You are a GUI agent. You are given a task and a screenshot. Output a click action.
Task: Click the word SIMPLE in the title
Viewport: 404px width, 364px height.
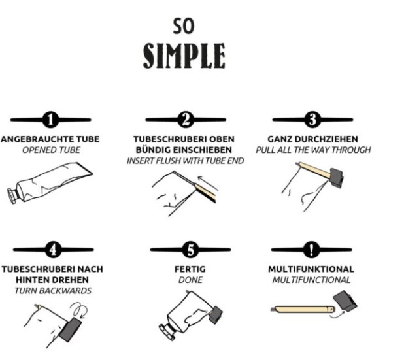pos(184,56)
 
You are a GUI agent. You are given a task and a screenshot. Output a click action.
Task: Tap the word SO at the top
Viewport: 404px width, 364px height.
pos(184,26)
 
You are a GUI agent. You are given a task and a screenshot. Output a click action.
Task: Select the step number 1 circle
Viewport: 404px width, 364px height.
pos(51,120)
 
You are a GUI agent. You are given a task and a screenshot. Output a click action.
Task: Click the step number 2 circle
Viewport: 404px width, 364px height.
pos(186,120)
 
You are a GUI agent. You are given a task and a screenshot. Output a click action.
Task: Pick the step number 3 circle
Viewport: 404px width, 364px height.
pos(312,120)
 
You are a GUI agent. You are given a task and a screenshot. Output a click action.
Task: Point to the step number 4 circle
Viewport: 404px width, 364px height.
pos(54,250)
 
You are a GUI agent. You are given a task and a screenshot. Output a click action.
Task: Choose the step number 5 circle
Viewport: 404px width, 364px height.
pos(190,250)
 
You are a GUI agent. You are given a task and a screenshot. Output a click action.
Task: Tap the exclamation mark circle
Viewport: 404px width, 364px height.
pos(312,250)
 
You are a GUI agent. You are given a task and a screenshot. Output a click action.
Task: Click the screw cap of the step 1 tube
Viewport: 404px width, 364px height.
pos(12,196)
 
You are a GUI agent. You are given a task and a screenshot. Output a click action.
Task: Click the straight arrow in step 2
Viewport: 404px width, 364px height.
pos(208,183)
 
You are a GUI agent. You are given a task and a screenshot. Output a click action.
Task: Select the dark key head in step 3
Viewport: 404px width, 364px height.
pos(336,177)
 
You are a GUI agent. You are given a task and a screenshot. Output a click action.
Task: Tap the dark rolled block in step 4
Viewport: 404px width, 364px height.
pos(70,329)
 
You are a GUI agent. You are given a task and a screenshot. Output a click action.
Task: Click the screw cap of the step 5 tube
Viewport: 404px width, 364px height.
pos(167,333)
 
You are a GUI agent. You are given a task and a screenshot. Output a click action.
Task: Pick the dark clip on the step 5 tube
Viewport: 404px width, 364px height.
pos(216,315)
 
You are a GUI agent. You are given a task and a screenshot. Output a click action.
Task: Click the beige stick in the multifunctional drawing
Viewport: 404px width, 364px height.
pos(303,309)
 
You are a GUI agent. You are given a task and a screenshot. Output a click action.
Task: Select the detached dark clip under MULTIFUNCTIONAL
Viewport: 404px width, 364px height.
pos(345,301)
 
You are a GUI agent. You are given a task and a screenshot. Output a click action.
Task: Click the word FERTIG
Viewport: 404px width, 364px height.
pos(190,269)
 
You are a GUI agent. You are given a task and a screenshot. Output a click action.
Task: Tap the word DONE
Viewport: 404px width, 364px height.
pos(190,280)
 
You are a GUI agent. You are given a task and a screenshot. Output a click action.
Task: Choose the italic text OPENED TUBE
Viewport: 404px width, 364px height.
pos(51,150)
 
